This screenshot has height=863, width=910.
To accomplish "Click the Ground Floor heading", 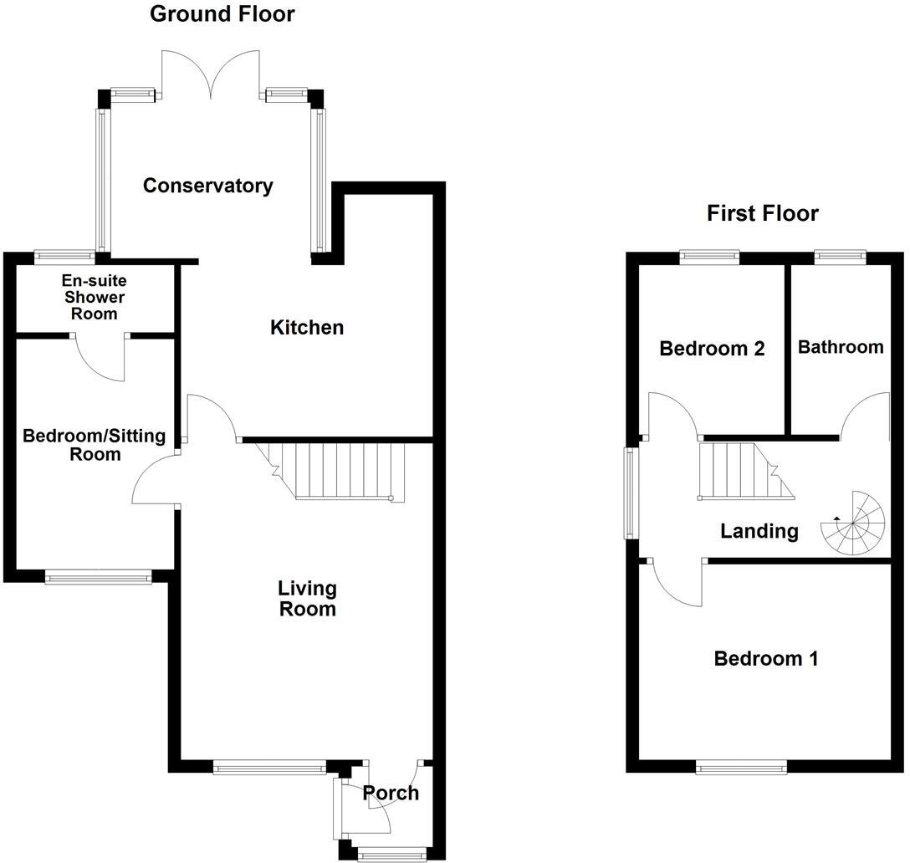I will [x=222, y=14].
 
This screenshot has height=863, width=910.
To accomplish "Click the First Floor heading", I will [x=762, y=213].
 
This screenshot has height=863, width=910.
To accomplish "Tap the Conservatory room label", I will [x=207, y=186].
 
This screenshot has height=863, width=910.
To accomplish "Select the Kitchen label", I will [x=306, y=328].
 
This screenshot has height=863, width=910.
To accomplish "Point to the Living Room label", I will [x=307, y=599].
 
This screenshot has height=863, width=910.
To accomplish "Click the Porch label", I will [x=391, y=793].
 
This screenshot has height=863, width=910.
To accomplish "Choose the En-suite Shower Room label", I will [x=95, y=297].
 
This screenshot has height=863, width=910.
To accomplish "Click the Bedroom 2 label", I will [x=712, y=349].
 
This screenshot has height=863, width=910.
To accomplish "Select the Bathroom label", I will [x=840, y=347].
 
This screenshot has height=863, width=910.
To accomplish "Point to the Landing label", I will [x=759, y=531].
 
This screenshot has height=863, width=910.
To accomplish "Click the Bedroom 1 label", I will [x=765, y=659].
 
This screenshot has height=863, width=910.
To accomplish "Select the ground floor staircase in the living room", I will [x=339, y=471].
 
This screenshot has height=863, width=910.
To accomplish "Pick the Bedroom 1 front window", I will [x=741, y=765].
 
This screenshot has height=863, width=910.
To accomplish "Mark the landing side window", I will [x=630, y=493].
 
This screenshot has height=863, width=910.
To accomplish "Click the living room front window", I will [x=268, y=766].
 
